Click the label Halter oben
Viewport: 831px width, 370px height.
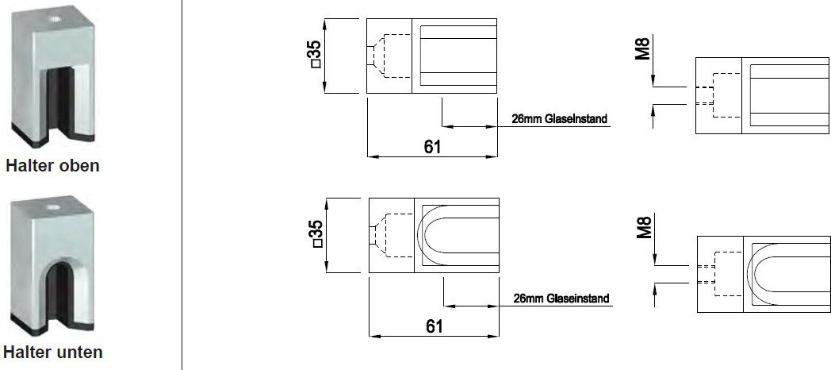(x=52, y=166)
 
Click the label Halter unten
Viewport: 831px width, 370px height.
(x=52, y=352)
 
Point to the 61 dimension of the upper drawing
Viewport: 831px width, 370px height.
(x=431, y=146)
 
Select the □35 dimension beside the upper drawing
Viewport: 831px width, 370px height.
(x=315, y=56)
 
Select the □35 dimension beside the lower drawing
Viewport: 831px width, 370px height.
(x=315, y=236)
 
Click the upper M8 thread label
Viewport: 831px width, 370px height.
(x=644, y=47)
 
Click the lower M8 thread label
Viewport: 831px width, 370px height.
(x=644, y=227)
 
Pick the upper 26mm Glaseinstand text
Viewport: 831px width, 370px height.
(x=554, y=120)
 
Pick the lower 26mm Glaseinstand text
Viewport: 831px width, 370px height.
(x=561, y=299)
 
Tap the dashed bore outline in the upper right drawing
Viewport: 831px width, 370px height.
(x=715, y=95)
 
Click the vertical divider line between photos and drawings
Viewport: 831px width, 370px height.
(x=182, y=185)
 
